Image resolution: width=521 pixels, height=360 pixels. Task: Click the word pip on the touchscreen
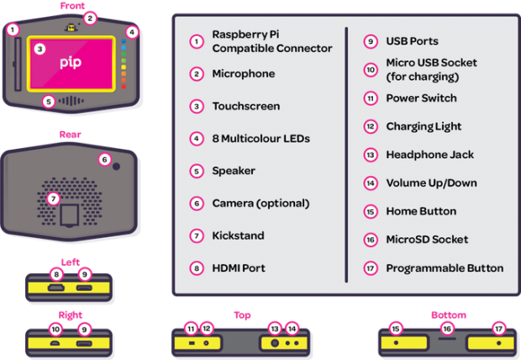tap(71, 62)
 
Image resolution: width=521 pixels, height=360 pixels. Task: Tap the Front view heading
tap(72, 6)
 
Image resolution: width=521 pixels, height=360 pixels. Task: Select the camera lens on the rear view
tap(116, 166)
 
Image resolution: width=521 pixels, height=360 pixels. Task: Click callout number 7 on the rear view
tap(53, 199)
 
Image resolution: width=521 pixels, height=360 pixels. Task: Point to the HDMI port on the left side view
tap(56, 288)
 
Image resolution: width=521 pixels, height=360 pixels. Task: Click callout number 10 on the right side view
tap(55, 330)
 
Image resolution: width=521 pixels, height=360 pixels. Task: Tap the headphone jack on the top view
tap(275, 342)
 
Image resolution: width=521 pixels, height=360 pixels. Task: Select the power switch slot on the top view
tap(192, 342)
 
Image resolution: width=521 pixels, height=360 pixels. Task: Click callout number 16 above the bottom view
tap(447, 329)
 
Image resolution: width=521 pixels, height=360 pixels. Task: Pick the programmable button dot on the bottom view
tap(499, 342)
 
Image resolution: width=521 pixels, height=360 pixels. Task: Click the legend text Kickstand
tap(239, 236)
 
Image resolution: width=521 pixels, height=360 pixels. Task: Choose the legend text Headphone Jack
tap(430, 155)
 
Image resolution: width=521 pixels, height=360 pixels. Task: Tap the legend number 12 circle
tap(370, 126)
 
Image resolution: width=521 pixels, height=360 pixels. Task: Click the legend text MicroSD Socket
tap(427, 240)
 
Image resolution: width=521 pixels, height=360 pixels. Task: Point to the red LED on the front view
tap(124, 87)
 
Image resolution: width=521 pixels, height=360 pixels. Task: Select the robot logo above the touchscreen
tap(71, 28)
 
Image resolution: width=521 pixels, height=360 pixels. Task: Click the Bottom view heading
tap(449, 315)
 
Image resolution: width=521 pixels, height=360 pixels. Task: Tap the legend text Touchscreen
tap(246, 106)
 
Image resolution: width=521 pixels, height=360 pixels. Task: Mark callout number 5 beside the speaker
tap(49, 102)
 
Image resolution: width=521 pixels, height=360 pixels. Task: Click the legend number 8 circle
tap(197, 268)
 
